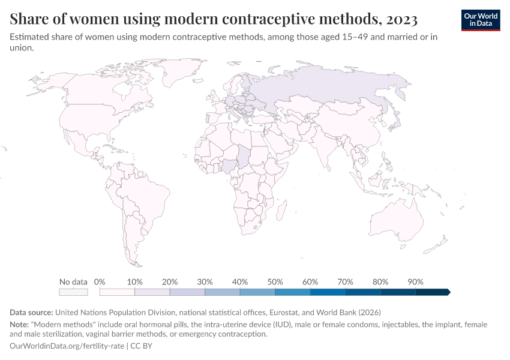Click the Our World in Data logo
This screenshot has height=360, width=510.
pos(480,20)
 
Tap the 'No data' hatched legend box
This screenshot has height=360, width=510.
pos(73,292)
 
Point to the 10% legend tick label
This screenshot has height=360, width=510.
pos(134,282)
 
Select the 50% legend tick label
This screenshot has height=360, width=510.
pos(275,282)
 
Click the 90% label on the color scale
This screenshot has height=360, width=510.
pos(415,282)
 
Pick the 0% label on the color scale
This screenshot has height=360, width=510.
pos(100,282)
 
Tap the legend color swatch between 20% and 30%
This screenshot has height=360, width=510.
pos(187,292)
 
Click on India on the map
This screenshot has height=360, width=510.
pos(328,150)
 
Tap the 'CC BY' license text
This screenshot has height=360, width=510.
pos(142,346)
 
